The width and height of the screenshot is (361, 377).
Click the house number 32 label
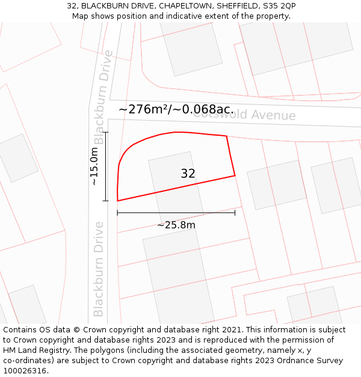point(188,174)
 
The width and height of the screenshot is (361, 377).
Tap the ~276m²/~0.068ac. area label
point(176,109)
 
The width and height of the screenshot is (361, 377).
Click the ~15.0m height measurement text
point(94,166)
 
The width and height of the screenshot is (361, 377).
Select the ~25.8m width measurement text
point(176,225)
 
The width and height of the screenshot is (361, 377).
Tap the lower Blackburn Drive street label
point(99,269)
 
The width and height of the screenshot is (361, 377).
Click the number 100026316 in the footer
point(25,370)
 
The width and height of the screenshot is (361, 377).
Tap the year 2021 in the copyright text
point(232,330)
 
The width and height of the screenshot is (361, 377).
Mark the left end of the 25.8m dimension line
point(117,212)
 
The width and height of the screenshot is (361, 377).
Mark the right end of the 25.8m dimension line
point(235,212)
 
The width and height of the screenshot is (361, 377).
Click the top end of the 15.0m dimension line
point(106,131)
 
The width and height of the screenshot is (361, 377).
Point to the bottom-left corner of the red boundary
point(117,201)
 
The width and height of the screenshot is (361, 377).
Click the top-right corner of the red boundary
point(226,136)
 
